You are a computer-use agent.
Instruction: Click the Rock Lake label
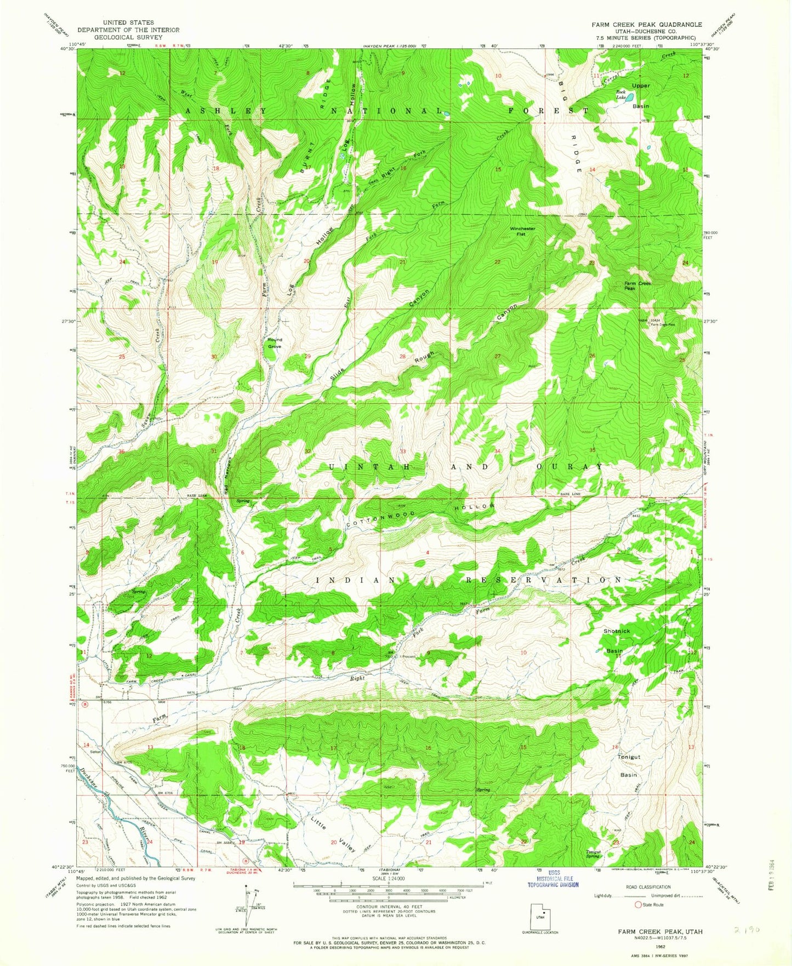pyautogui.click(x=620, y=95)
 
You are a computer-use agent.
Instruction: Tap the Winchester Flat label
pyautogui.click(x=522, y=231)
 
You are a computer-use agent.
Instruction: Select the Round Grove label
pyautogui.click(x=274, y=343)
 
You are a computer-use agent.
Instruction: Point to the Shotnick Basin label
pyautogui.click(x=616, y=641)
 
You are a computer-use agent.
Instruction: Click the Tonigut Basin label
pyautogui.click(x=629, y=765)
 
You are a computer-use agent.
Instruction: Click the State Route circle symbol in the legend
pyautogui.click(x=638, y=905)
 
